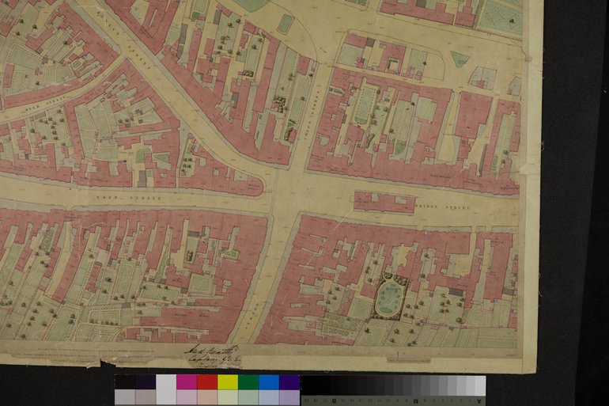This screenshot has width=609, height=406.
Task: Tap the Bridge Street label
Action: (441, 208)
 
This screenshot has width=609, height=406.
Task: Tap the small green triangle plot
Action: (459, 59)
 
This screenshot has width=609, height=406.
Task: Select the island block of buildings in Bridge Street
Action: (384, 202)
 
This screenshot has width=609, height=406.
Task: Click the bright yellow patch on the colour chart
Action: (227, 382)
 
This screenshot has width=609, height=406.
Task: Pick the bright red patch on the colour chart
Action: (206, 382)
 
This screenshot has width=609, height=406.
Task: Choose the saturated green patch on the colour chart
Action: (248, 382)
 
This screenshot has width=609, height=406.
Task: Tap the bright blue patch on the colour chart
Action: (268, 382)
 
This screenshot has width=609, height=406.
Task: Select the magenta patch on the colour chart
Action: (186, 382)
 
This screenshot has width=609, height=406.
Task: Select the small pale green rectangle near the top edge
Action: (285, 24)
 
